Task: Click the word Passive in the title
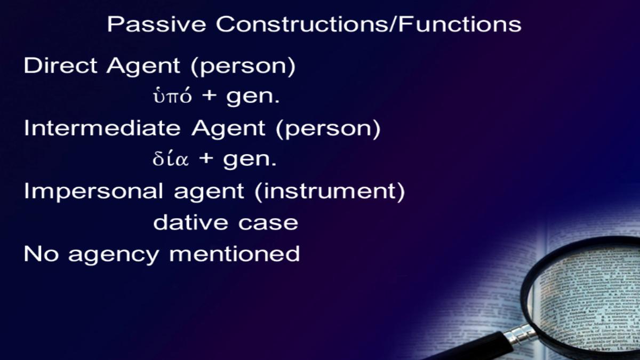157,24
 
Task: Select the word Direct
60,66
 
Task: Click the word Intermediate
102,128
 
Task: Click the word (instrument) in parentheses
330,191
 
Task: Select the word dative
190,222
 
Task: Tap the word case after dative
268,223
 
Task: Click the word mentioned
234,253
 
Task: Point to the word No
41,253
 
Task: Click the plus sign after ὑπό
210,95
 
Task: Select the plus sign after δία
206,158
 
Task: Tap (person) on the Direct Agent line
243,67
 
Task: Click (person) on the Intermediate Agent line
329,130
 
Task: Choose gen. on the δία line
250,161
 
